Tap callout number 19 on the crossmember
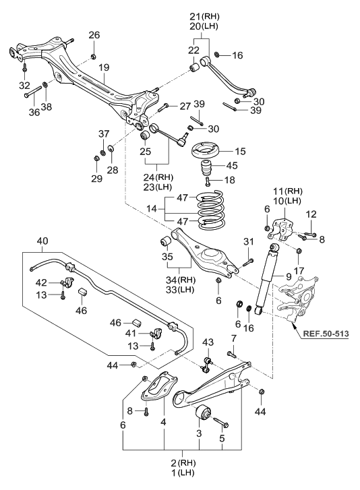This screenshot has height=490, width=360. coord(103,67)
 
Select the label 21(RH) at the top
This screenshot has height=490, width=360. coord(205,16)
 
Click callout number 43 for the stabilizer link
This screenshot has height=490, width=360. coord(208,344)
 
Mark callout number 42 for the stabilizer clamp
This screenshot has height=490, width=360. coord(42,282)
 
